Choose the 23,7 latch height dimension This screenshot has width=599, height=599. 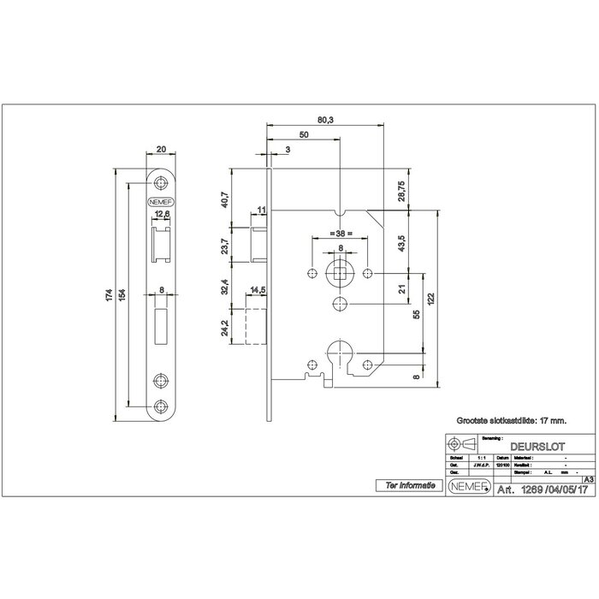(225, 246)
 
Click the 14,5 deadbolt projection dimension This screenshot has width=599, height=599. (258, 291)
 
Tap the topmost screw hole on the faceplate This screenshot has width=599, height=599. (160, 182)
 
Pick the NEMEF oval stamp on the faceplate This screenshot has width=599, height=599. (160, 203)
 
